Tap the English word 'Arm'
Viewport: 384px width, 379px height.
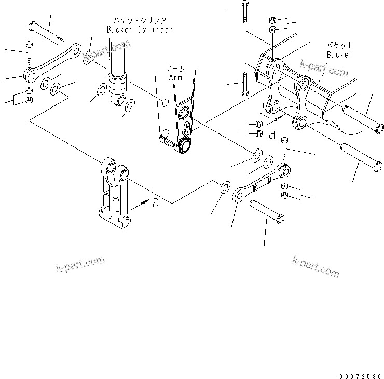pos(176,77)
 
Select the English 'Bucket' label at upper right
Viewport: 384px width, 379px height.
pos(339,55)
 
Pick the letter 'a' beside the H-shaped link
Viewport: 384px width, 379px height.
pos(155,203)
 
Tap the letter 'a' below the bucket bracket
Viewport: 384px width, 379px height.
pos(271,134)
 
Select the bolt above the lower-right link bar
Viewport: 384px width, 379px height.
pos(284,148)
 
